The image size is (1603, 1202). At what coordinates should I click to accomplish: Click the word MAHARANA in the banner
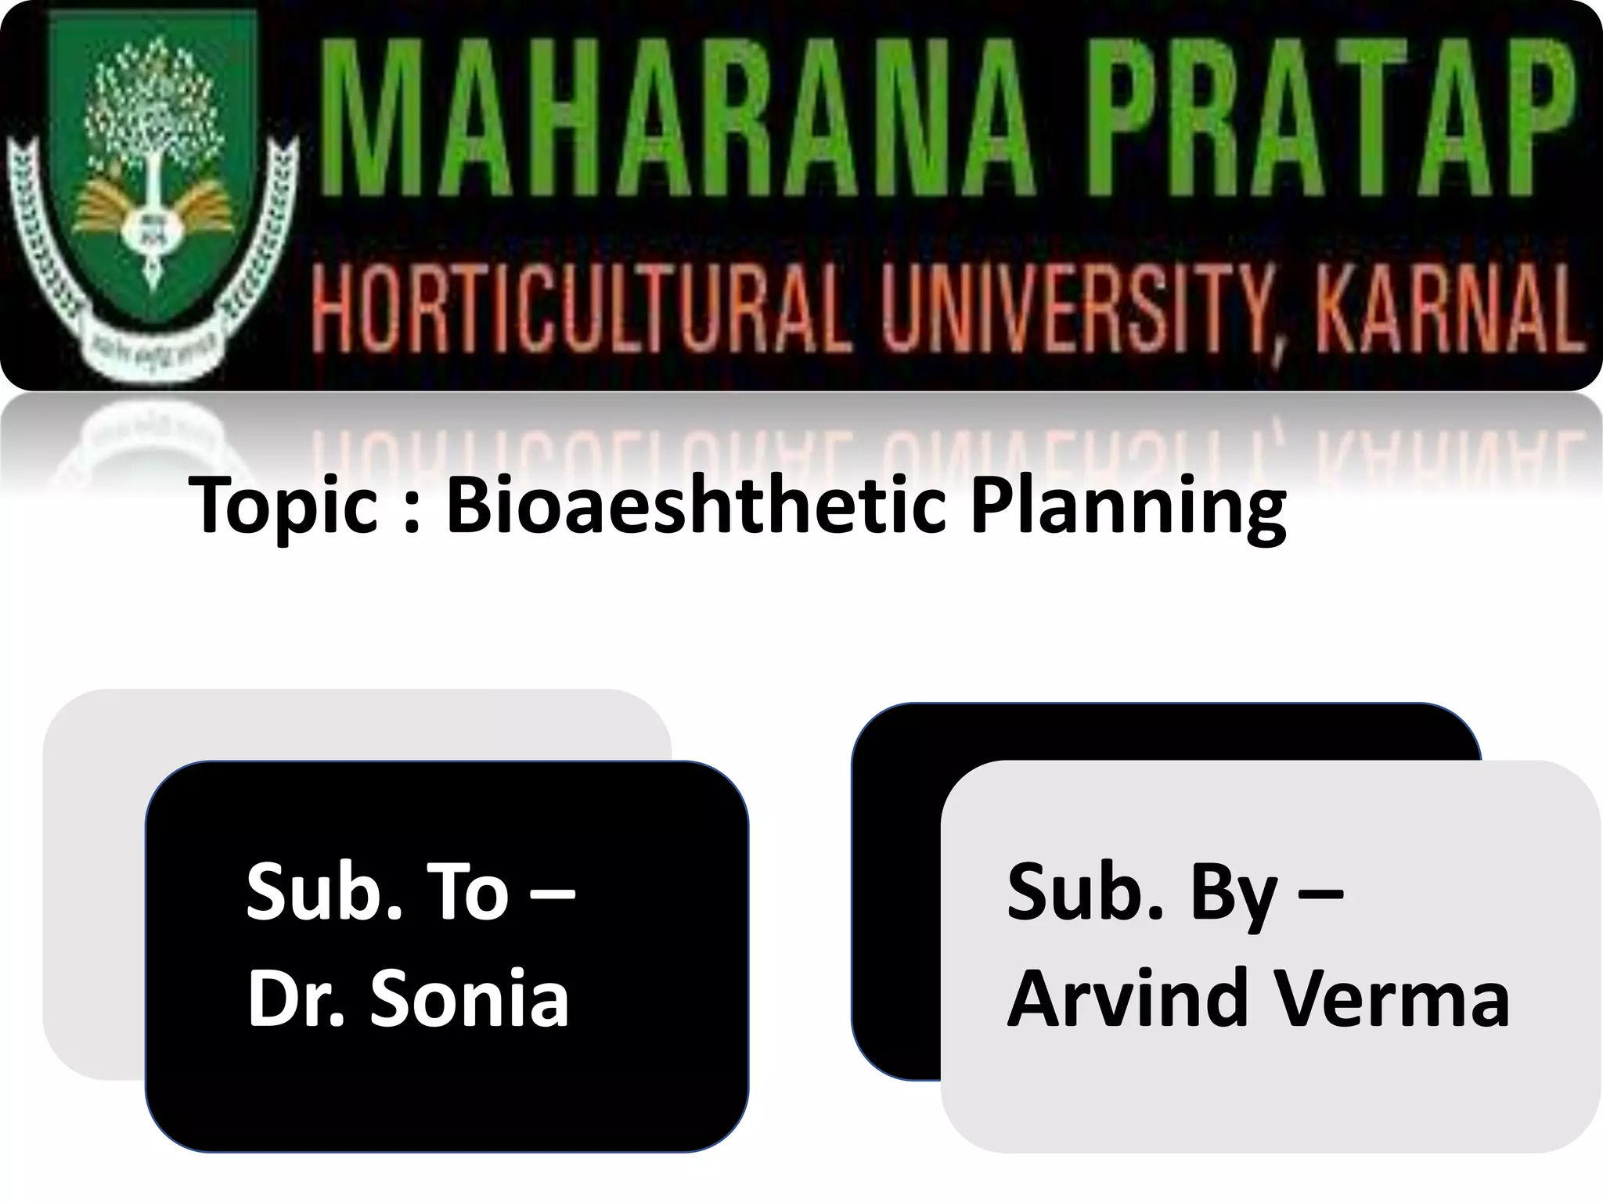669,128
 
